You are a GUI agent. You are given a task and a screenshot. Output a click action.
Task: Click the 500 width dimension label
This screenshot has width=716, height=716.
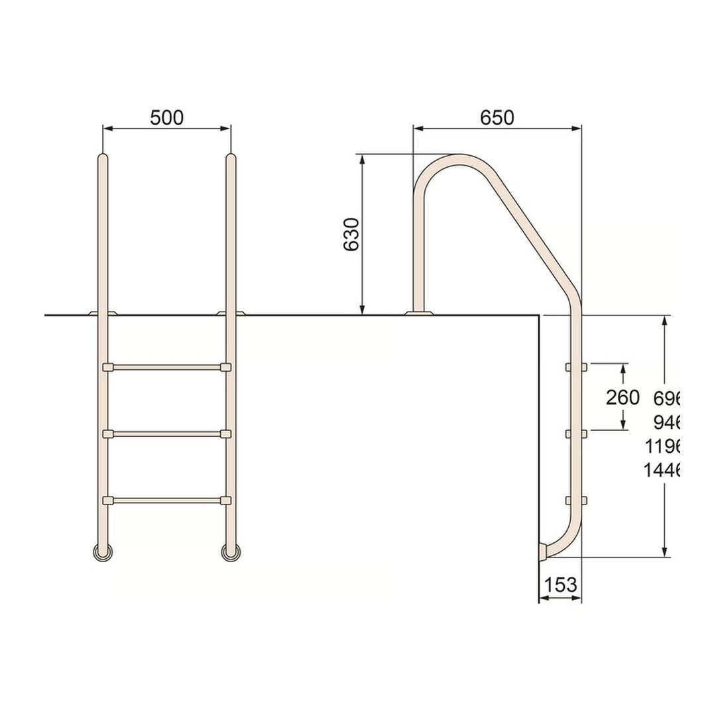coord(166,118)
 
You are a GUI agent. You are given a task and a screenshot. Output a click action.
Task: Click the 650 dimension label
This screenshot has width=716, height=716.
coord(497,118)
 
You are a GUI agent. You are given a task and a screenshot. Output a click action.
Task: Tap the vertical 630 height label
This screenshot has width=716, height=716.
coord(352,234)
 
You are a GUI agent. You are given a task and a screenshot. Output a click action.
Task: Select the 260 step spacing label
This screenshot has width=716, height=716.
coord(623,398)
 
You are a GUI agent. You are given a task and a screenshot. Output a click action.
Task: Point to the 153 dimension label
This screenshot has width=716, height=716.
coord(560,585)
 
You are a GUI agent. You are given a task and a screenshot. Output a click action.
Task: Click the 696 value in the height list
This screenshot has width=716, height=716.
coord(667,398)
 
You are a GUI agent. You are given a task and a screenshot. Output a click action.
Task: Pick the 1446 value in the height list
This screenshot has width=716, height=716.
coord(662,471)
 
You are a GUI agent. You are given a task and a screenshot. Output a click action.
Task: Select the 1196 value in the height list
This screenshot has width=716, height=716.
coord(662,446)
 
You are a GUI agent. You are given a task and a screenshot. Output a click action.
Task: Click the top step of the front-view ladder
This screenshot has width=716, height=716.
coord(167,367)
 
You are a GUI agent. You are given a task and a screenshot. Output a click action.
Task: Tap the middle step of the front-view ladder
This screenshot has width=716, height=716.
coord(167,434)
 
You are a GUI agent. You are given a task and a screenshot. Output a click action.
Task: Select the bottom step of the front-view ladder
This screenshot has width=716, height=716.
coord(167,500)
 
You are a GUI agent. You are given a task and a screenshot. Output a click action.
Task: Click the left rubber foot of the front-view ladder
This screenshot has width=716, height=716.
coord(103,552)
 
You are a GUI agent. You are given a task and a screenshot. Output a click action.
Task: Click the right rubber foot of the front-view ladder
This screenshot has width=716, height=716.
coord(231,552)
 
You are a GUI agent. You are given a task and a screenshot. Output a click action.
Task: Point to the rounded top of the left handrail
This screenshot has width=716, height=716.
coord(103,159)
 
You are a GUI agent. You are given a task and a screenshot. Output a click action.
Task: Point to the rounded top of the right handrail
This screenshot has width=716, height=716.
coord(231,159)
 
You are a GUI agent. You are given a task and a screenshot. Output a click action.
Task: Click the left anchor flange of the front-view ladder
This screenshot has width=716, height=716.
coord(103,312)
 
